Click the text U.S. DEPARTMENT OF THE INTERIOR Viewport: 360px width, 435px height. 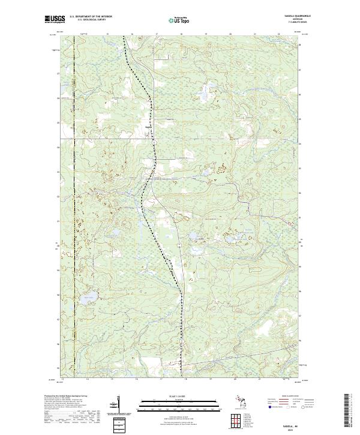point(91,16)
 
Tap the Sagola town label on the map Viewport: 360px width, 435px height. point(148,126)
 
